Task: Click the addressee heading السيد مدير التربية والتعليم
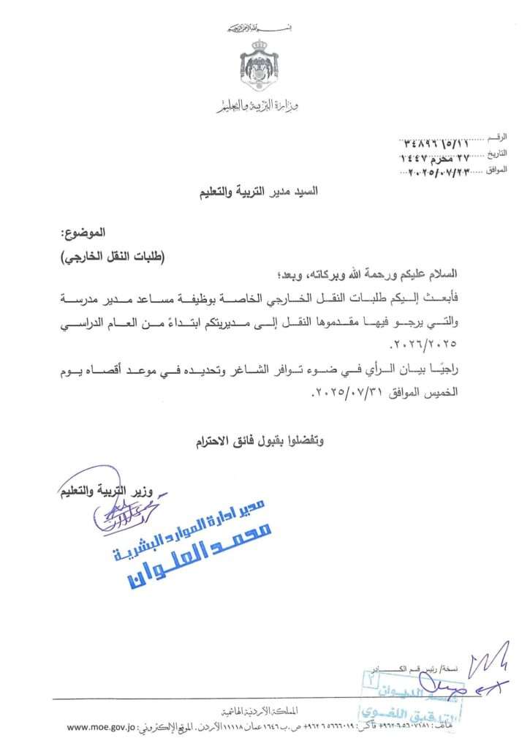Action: click(261, 197)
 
